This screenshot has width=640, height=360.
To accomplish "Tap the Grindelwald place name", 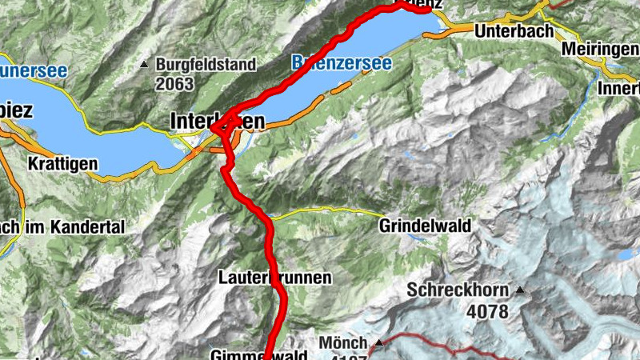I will (x=425, y=226).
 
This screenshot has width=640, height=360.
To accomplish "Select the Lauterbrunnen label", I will (x=274, y=278).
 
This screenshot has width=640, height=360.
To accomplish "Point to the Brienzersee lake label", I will (x=342, y=62).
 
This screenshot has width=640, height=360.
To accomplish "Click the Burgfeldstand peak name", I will (x=206, y=63).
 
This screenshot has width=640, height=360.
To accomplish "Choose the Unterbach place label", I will (x=514, y=32).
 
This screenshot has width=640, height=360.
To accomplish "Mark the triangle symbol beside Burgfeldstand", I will (x=144, y=63).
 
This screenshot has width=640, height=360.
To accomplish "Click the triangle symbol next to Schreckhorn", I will (x=522, y=290).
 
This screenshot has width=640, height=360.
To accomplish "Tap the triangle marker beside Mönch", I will (x=380, y=342).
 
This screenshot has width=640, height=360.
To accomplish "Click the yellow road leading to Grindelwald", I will (x=336, y=212).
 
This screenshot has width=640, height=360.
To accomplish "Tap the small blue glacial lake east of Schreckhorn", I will (x=623, y=254).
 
